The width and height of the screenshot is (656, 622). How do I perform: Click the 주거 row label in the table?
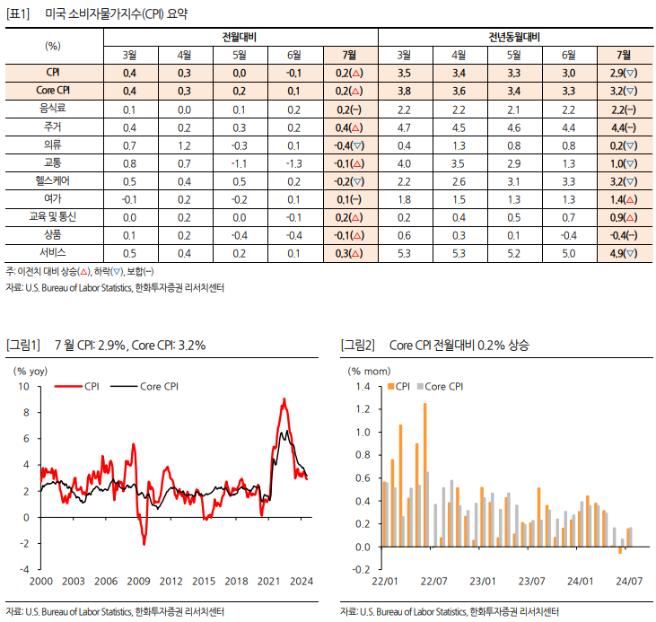tap(53, 127)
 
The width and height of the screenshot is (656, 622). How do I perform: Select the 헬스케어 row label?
tap(53, 180)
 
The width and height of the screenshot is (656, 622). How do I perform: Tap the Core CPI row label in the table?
tap(53, 91)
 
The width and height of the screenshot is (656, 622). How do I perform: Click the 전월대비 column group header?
tap(240, 38)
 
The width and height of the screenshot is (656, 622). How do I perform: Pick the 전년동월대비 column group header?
tap(514, 38)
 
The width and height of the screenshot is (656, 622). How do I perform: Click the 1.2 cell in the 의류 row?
tap(184, 145)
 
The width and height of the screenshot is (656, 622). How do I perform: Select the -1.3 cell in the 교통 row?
tap(293, 163)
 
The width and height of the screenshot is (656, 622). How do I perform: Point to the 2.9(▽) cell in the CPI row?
tap(624, 74)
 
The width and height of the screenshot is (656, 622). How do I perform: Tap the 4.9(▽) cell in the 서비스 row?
tap(624, 253)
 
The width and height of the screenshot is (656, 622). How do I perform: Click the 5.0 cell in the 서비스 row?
tap(569, 253)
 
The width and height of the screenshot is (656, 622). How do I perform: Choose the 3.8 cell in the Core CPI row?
tap(404, 91)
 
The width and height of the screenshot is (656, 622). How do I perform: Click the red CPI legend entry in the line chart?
tap(77, 386)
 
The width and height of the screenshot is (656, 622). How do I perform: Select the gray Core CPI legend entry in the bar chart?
tap(440, 386)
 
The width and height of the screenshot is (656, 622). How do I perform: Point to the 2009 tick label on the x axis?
tap(138, 581)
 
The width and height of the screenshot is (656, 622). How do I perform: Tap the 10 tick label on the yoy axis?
tap(24, 386)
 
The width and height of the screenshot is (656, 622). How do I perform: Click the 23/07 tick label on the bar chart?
tap(531, 581)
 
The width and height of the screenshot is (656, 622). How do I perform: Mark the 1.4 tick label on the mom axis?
tap(363, 386)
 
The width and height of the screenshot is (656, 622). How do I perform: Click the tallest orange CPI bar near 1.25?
tap(425, 475)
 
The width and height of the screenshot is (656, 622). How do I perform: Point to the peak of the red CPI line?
tap(284, 399)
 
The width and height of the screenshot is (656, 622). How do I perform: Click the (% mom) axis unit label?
tap(369, 372)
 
